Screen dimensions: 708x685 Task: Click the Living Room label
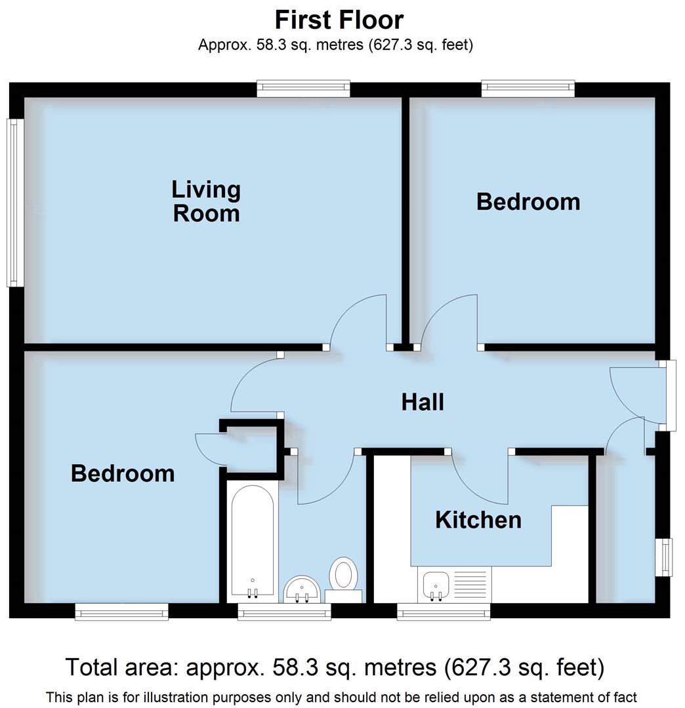(x=206, y=201)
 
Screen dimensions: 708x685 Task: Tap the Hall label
(x=423, y=402)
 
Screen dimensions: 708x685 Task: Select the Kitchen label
(x=478, y=520)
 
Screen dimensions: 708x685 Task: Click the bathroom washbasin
(x=302, y=589)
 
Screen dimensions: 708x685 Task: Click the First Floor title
(x=339, y=20)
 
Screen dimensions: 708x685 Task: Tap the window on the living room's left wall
(x=14, y=202)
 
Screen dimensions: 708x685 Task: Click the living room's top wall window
(x=303, y=88)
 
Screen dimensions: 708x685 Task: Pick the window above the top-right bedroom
(x=528, y=88)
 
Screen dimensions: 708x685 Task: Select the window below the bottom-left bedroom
(x=121, y=612)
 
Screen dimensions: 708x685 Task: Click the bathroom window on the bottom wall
(x=284, y=612)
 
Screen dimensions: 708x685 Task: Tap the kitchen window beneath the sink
(x=444, y=612)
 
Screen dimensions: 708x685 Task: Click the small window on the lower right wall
(x=667, y=557)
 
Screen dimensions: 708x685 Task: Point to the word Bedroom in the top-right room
(x=528, y=201)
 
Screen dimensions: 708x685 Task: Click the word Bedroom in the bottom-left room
(x=123, y=473)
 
